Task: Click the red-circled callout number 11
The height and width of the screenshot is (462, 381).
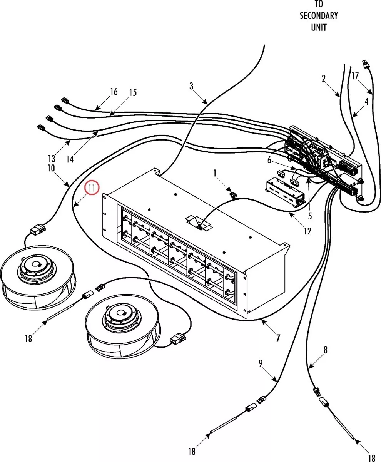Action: point(92,188)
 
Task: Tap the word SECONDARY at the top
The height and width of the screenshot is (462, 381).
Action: point(319,16)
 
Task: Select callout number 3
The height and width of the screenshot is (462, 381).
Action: point(191,86)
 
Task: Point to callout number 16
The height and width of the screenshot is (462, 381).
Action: point(114,92)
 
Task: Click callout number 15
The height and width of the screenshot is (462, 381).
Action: point(133,92)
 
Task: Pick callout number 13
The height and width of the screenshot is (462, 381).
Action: point(52,159)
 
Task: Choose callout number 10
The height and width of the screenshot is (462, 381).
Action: point(51,168)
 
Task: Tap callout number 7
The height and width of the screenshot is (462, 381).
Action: point(278,338)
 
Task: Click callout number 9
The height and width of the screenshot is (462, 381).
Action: point(261,363)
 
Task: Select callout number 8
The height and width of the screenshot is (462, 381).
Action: point(325,350)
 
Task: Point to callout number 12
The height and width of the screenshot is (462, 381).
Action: point(307,231)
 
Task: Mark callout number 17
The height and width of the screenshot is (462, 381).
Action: point(355,76)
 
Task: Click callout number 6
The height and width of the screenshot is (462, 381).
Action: point(269,160)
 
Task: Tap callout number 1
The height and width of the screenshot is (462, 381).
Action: point(215,173)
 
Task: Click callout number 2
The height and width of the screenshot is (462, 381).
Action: point(324,79)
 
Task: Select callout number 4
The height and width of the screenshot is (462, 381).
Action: point(367,102)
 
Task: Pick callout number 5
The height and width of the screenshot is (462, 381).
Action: point(310,216)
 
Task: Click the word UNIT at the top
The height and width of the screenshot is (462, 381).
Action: point(319,27)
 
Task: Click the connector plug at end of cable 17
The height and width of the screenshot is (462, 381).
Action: point(365,64)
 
